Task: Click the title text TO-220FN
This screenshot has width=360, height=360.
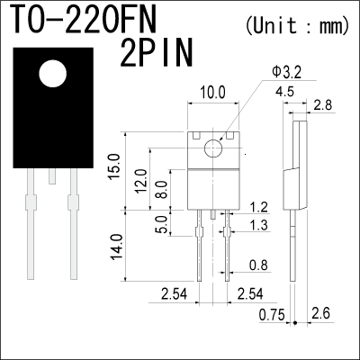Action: pos(85,19)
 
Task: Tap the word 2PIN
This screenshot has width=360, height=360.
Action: pos(156,53)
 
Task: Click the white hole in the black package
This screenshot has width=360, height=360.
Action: pos(53,74)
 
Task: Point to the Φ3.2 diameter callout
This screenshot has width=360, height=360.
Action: pos(286,73)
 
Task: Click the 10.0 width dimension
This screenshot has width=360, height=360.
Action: pos(212,93)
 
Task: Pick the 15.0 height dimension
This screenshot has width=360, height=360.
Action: pos(114,166)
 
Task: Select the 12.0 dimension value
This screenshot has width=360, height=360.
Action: pos(141,181)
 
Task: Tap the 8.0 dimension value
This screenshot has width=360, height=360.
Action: pos(163,190)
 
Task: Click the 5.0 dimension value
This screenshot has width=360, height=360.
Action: pos(163,224)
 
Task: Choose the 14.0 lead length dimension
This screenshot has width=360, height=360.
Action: pos(117,247)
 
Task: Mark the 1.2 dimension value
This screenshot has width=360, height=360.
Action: pos(258,207)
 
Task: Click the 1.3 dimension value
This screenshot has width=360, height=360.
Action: pos(258,225)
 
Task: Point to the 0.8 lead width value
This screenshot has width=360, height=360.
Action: pos(258,265)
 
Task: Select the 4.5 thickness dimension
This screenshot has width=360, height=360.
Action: pos(284,92)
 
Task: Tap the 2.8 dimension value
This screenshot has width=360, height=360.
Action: pos(323,105)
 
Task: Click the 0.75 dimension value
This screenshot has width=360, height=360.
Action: pos(272,315)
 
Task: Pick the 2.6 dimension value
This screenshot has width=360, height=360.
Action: pos(320,313)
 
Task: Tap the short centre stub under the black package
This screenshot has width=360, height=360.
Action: pos(52,176)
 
